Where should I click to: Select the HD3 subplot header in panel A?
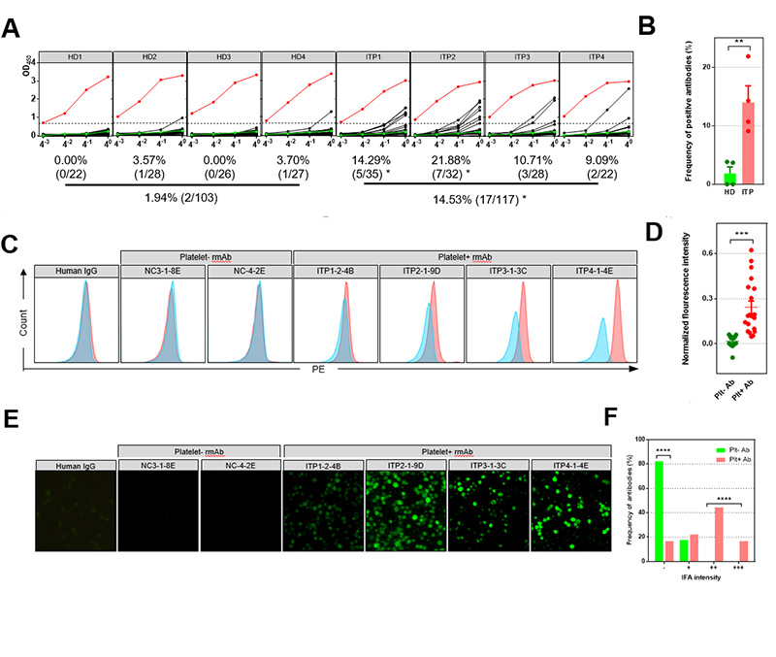[223, 57]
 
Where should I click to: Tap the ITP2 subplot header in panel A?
[445, 57]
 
